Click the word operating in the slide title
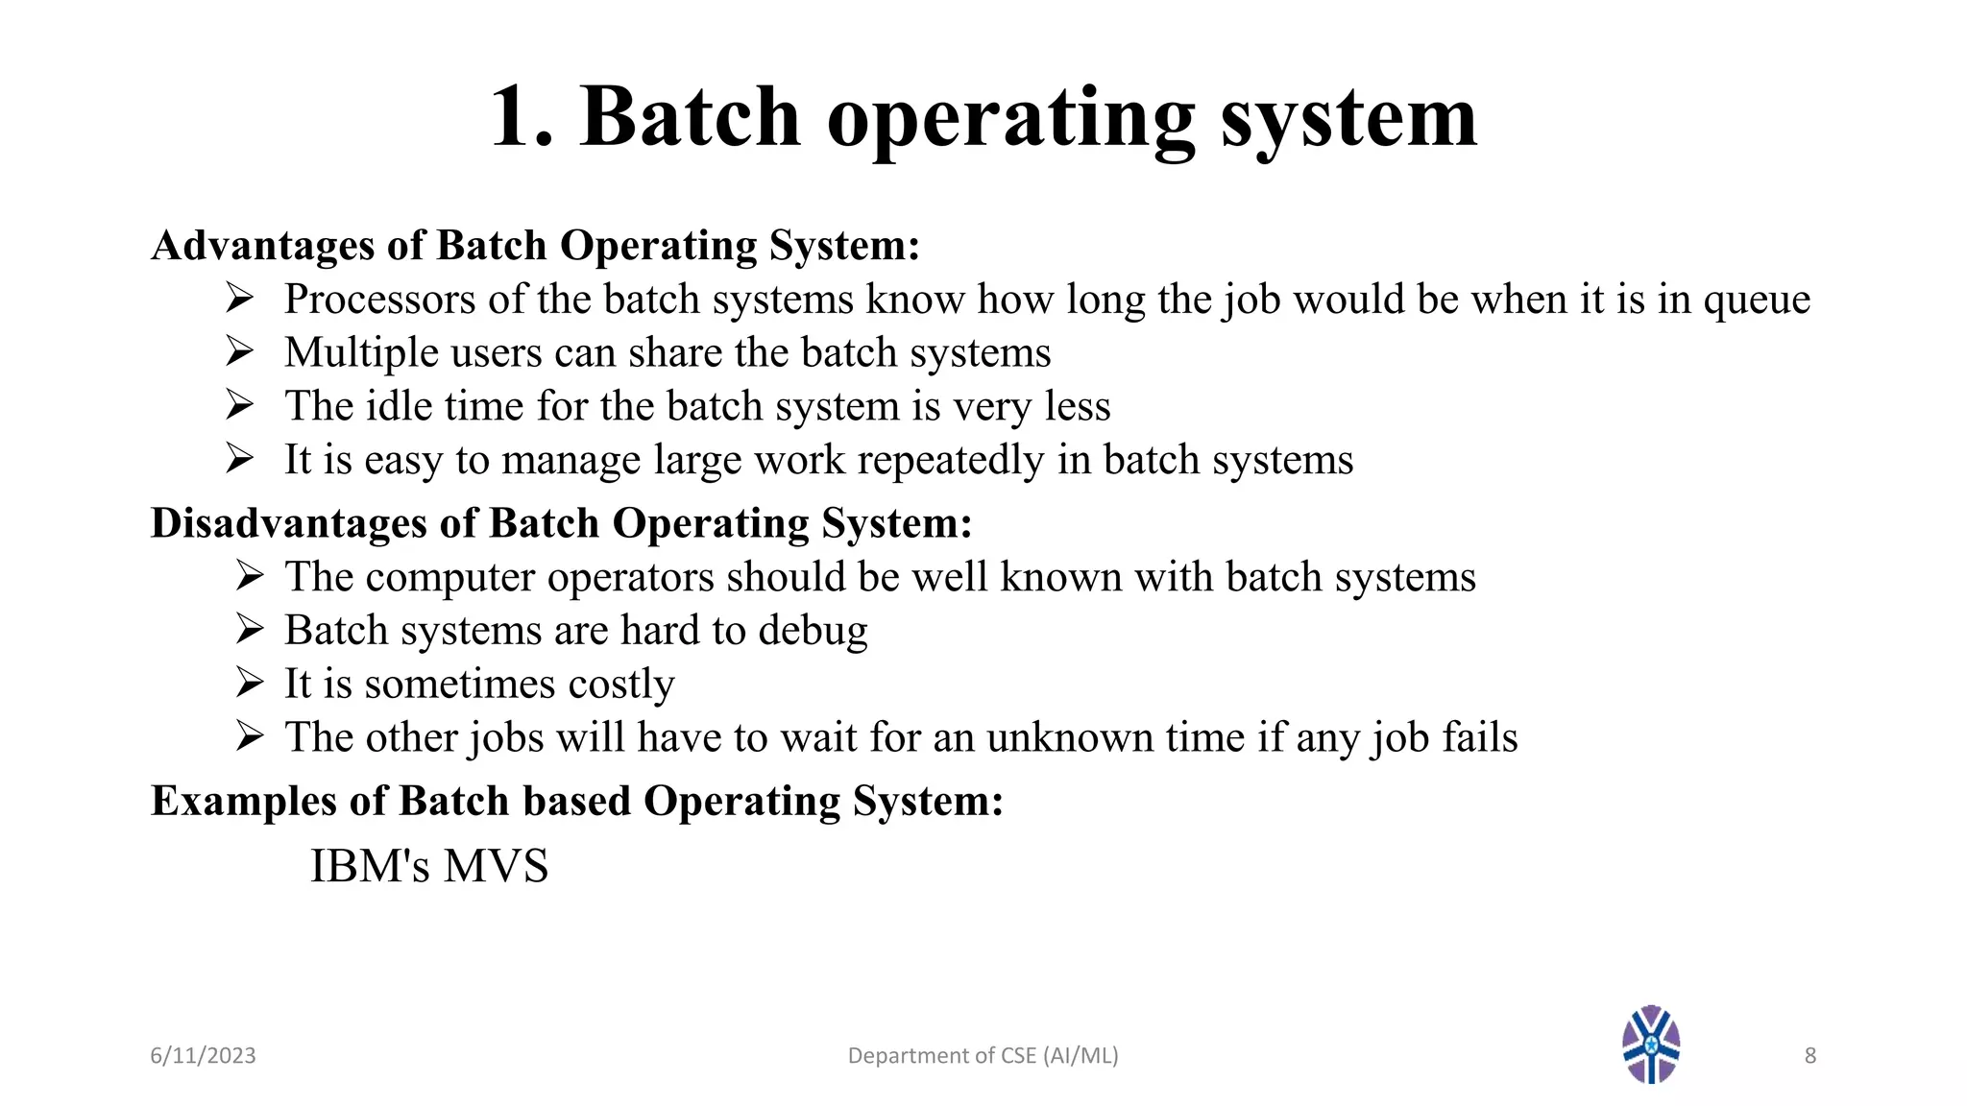coord(1010,119)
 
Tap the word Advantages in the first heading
coord(262,246)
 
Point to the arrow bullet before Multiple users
coord(239,350)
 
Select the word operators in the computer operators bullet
coord(630,578)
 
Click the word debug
coord(813,632)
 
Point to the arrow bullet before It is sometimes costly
coord(250,683)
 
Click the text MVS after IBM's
coord(496,866)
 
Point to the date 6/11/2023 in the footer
coord(203,1056)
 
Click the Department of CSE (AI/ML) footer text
coord(983,1056)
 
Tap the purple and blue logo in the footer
coord(1651,1045)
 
